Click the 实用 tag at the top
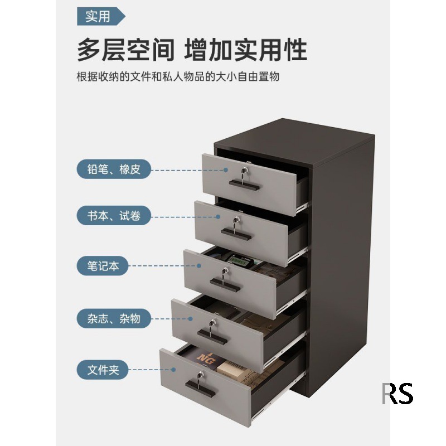(99, 17)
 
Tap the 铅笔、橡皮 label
(114, 169)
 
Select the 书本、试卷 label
(114, 216)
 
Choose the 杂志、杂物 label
(114, 319)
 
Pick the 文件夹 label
(103, 369)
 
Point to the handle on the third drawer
(226, 286)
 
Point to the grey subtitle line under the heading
(178, 76)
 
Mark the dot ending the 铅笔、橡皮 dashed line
(226, 169)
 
